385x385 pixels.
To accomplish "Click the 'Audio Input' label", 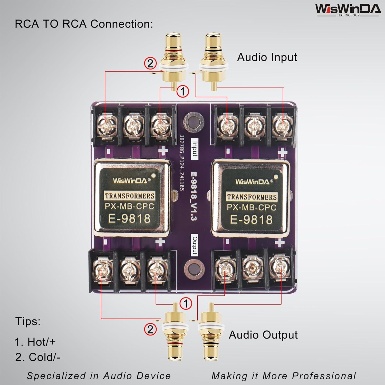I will click(x=267, y=57).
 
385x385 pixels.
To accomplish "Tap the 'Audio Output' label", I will click(x=263, y=335).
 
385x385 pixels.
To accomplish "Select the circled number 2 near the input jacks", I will click(x=150, y=63).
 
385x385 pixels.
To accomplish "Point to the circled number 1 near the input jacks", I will click(x=182, y=91).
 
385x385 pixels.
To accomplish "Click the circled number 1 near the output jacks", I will click(x=186, y=303).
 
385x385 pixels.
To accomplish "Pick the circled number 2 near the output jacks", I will click(x=150, y=329).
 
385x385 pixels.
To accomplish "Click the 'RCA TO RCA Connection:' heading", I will click(x=84, y=24).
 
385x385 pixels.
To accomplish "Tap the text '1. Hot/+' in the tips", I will click(x=35, y=342).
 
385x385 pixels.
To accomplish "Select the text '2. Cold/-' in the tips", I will click(x=38, y=357).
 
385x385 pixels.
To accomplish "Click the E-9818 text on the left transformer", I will click(x=129, y=218).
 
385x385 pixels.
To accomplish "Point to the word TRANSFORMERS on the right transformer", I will click(x=252, y=197).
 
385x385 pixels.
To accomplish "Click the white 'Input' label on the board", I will click(x=195, y=149).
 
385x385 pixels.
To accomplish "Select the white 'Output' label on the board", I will click(x=195, y=245).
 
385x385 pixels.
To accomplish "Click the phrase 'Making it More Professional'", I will click(x=284, y=376).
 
